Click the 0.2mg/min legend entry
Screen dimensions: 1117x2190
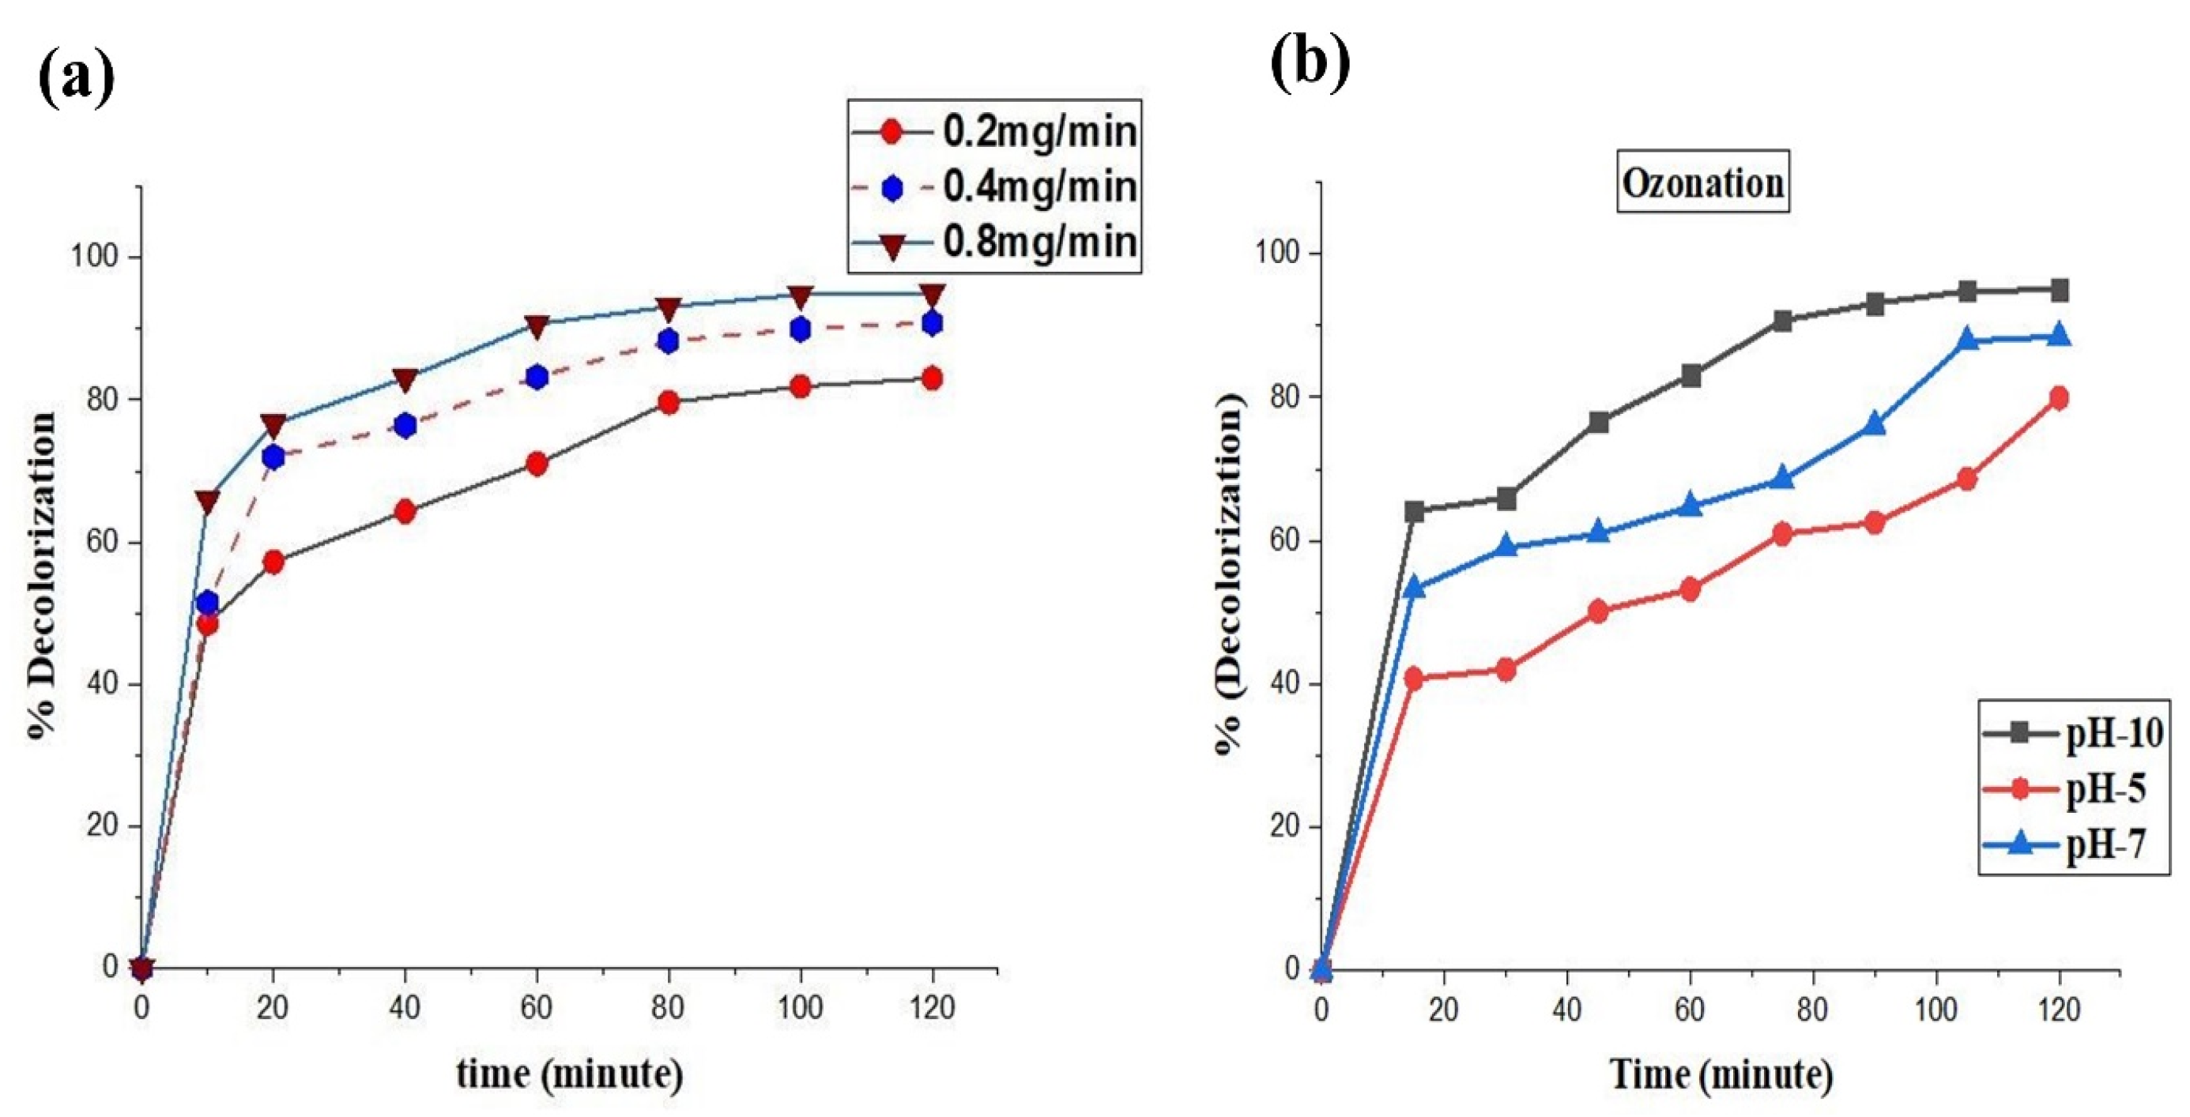pyautogui.click(x=995, y=132)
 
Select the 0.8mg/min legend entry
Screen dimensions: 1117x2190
pyautogui.click(x=995, y=243)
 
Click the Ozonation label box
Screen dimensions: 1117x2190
pyautogui.click(x=1702, y=182)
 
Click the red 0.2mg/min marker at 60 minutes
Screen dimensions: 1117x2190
pyautogui.click(x=537, y=464)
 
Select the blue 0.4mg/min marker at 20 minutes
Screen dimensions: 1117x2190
pyautogui.click(x=273, y=457)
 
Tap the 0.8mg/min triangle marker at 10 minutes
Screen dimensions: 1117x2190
pyautogui.click(x=207, y=502)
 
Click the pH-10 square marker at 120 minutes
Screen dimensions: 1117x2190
pyautogui.click(x=2059, y=291)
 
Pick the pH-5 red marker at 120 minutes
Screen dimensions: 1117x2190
pyautogui.click(x=2059, y=398)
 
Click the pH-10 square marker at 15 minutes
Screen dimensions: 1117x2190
pyautogui.click(x=1415, y=511)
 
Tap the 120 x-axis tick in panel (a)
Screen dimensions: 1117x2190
pyautogui.click(x=932, y=1008)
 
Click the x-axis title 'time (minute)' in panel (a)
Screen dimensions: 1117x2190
pyautogui.click(x=570, y=1074)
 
